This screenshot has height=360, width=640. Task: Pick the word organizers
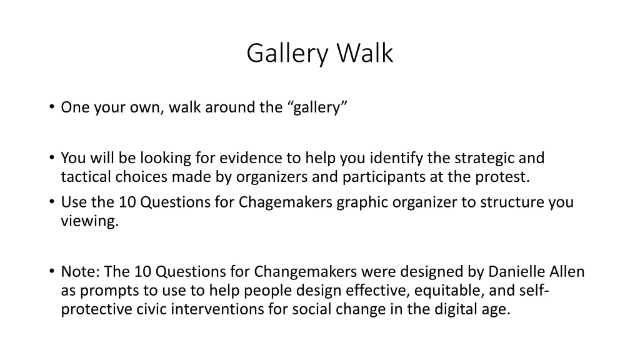272,177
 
